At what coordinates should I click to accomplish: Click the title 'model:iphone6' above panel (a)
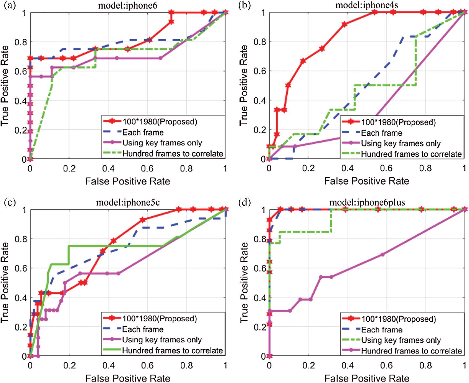pos(128,5)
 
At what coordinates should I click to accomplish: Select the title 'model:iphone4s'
pos(366,5)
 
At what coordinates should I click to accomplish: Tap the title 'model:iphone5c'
pos(128,202)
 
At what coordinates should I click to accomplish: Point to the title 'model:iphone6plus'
pos(367,202)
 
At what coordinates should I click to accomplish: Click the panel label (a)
pos(10,5)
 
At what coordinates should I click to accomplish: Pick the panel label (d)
pos(244,202)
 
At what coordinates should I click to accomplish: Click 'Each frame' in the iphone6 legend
pos(143,132)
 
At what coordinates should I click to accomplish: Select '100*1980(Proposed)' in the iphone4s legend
pos(398,122)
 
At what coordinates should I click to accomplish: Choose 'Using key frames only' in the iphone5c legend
pos(162,340)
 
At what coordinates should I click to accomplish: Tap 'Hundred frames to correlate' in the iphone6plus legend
pos(411,351)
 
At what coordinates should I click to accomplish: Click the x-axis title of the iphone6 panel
pos(128,181)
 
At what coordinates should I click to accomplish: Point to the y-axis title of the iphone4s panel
pos(244,85)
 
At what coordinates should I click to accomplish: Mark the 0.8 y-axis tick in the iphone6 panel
pos(21,42)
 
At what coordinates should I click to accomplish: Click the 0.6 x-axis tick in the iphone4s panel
pos(386,168)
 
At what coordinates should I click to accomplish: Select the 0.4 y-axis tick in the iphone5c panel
pos(21,298)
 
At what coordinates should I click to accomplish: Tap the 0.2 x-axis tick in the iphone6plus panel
pos(308,365)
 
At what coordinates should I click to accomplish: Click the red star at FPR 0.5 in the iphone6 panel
pos(128,49)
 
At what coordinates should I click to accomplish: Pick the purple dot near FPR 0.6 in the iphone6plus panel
pos(383,254)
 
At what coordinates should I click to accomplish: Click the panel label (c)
pos(10,202)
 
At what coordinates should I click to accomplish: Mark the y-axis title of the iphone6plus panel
pos(244,283)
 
